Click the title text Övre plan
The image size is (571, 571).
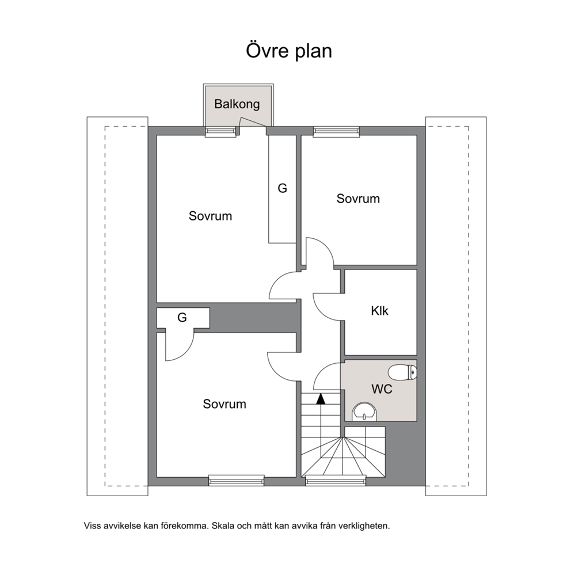(x=289, y=51)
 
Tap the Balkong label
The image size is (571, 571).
(x=237, y=105)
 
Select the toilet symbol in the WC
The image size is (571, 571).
(x=402, y=372)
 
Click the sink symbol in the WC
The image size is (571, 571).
(x=365, y=412)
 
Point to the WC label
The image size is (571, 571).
(x=382, y=389)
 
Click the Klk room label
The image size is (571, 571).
(x=380, y=311)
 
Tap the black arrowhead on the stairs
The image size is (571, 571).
(x=321, y=399)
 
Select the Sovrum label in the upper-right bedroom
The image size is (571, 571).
(x=358, y=199)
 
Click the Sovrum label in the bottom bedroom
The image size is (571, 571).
(x=224, y=404)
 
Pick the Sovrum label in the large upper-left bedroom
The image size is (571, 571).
(x=210, y=216)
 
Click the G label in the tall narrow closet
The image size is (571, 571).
(x=282, y=188)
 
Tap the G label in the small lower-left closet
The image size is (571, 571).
(x=182, y=318)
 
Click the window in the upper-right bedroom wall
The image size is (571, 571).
(x=336, y=131)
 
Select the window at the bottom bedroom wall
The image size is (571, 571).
(x=237, y=481)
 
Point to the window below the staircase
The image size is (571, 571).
(x=336, y=481)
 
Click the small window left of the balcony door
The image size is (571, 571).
(x=220, y=131)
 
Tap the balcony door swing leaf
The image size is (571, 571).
(x=252, y=123)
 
